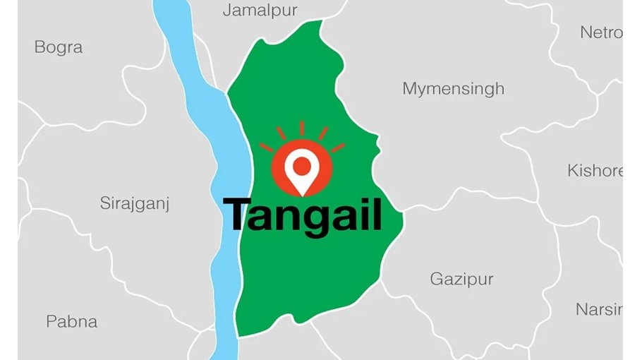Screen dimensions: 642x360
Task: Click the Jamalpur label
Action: [260, 11]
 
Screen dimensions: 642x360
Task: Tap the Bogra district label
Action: [59, 47]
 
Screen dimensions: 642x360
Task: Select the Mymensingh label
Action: [453, 89]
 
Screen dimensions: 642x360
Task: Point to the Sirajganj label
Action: [135, 204]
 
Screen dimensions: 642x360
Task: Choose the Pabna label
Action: [72, 321]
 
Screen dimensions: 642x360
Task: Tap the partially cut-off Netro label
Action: [600, 32]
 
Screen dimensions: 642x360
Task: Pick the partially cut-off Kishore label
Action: [595, 171]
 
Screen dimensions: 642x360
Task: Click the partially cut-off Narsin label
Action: [598, 309]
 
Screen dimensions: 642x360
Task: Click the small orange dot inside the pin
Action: [302, 165]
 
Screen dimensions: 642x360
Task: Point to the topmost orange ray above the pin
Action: [302, 128]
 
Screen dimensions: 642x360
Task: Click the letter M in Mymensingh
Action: [410, 89]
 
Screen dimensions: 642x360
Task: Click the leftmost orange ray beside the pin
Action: [266, 148]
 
